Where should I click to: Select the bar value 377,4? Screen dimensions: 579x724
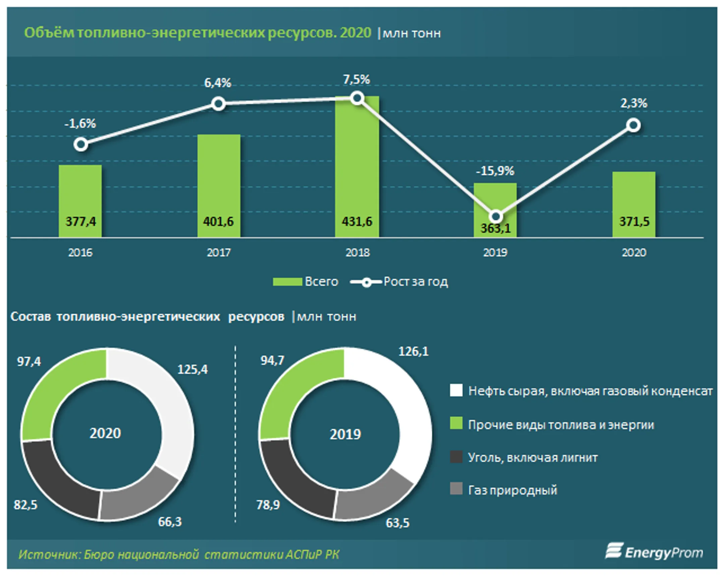(80, 221)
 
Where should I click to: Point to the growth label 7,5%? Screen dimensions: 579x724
(356, 80)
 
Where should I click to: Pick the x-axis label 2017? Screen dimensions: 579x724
(219, 252)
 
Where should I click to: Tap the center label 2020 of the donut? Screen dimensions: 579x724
(105, 433)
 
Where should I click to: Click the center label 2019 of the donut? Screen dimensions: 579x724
(345, 434)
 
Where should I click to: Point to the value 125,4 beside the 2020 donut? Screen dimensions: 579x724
(192, 369)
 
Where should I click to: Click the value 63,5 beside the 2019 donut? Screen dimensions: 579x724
(398, 523)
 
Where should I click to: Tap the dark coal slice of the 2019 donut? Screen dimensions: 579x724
(292, 484)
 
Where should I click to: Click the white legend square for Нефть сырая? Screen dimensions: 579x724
(456, 390)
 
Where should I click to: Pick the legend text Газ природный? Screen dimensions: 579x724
(512, 490)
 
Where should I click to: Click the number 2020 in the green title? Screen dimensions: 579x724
(355, 33)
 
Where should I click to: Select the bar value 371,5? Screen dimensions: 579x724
(634, 221)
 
